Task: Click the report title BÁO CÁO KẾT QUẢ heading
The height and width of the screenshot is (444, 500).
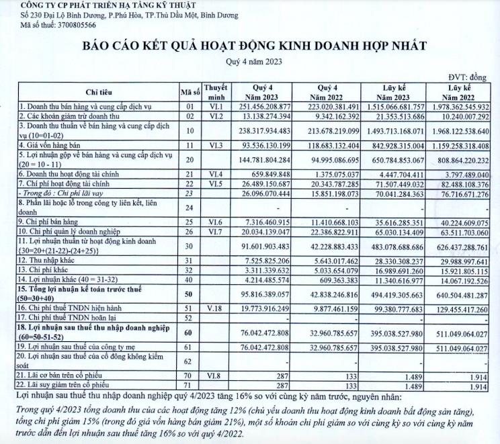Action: tap(254, 46)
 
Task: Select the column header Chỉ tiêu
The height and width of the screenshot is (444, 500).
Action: tap(98, 92)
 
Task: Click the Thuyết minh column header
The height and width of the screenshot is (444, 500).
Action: tap(216, 92)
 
